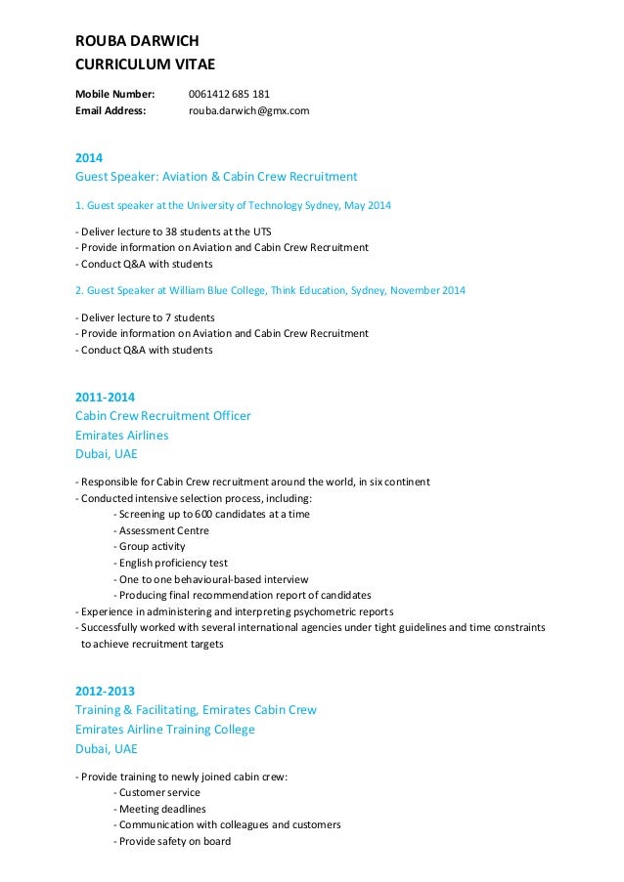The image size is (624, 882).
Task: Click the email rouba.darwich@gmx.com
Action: point(248,111)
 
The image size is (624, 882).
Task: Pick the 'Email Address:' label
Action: point(111,111)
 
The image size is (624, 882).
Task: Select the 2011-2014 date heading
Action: point(106,397)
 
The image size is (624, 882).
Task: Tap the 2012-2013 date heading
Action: point(106,691)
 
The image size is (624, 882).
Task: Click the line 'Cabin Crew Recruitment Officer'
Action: point(163,416)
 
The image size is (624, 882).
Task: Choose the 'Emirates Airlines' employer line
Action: point(121,435)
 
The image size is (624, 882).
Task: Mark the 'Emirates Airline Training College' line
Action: point(165,730)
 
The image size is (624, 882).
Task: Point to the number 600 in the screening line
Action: point(201,514)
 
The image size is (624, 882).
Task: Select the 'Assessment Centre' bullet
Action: point(163,530)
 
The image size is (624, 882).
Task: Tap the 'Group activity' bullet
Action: point(152,547)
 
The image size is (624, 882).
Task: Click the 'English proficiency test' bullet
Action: point(173,563)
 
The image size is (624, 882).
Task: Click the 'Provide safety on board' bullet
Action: point(174,841)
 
